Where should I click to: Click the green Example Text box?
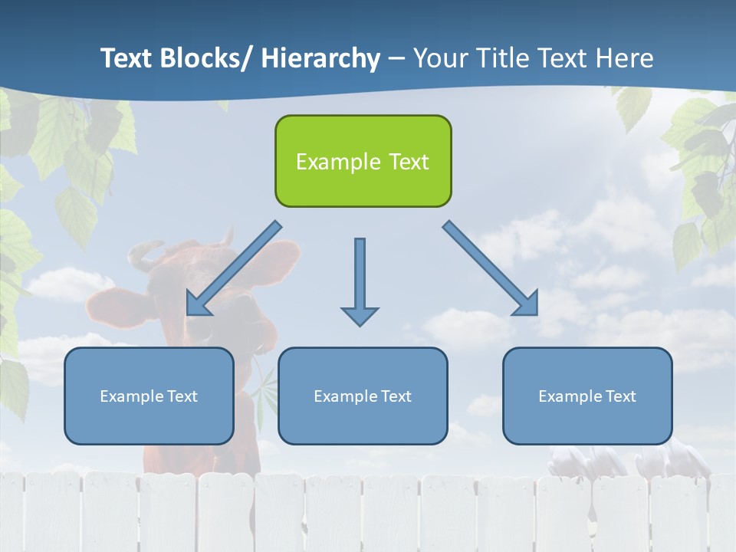tap(363, 161)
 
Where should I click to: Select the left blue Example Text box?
tap(149, 396)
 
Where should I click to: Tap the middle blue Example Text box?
tap(363, 396)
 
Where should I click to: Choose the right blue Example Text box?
tap(587, 396)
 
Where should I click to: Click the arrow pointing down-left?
tap(234, 268)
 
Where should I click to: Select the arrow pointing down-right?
tap(491, 268)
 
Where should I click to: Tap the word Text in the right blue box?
tap(619, 396)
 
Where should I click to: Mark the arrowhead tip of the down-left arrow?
tap(189, 313)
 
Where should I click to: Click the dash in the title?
tap(396, 58)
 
